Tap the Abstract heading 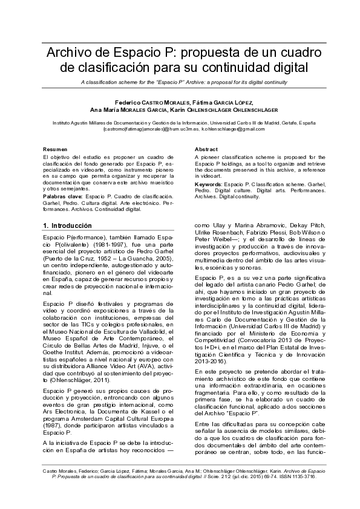(206, 149)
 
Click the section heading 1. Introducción (67, 225)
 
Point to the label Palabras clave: (64, 197)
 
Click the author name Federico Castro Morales (151, 102)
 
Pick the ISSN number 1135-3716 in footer (297, 476)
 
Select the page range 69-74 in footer (260, 476)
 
